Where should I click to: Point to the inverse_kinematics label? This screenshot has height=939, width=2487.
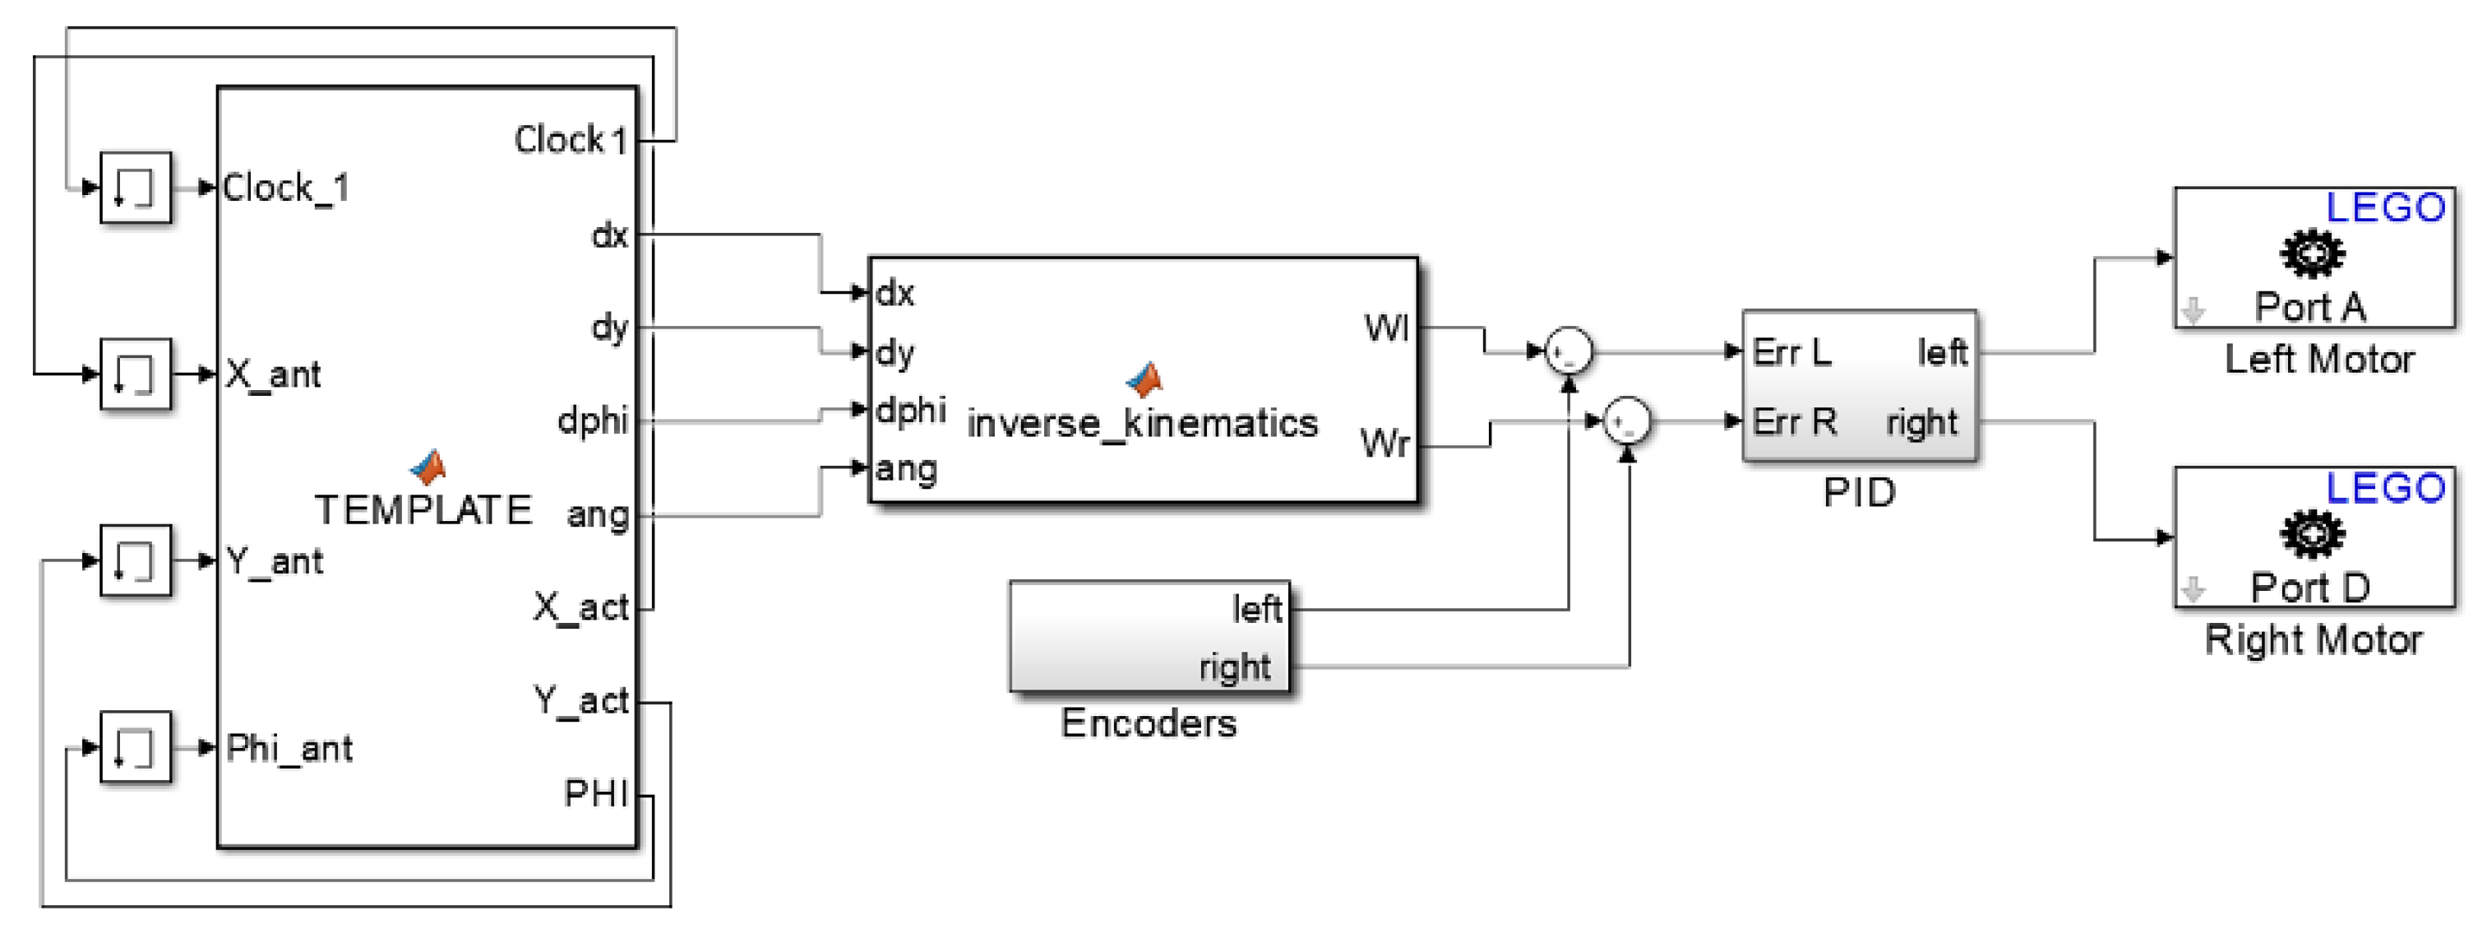(1142, 423)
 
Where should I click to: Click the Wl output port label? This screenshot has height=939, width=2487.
(1386, 328)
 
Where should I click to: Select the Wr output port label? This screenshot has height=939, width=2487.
(1384, 444)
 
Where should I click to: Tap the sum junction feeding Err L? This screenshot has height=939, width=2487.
(1568, 351)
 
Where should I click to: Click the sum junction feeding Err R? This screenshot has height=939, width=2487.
(1627, 421)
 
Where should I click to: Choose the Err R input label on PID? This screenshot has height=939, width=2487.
(1794, 422)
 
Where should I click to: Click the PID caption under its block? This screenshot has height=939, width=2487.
(1859, 493)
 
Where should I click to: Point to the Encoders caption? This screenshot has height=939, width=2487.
(1148, 723)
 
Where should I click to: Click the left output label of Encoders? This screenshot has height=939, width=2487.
(1256, 609)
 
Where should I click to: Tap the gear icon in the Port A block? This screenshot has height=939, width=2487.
(2311, 254)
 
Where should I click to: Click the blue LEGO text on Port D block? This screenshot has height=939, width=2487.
(2385, 488)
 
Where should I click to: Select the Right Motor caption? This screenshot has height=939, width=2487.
(2314, 639)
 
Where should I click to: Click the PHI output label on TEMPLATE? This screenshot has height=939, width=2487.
(596, 793)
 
